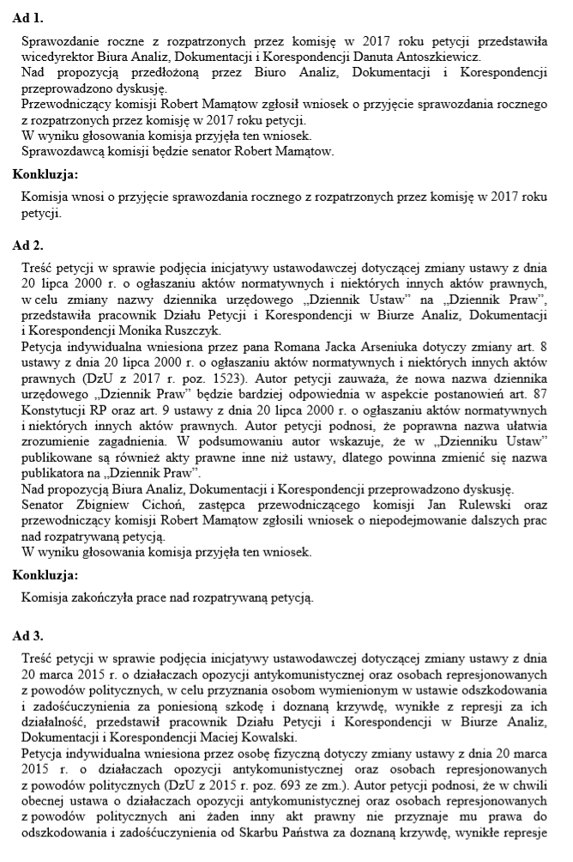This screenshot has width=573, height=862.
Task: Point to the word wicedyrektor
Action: click(x=57, y=56)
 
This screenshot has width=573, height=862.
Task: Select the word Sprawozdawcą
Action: click(x=61, y=151)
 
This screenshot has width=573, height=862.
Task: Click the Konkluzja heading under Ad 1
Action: click(x=45, y=174)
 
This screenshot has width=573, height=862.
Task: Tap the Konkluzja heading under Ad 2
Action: click(x=45, y=574)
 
